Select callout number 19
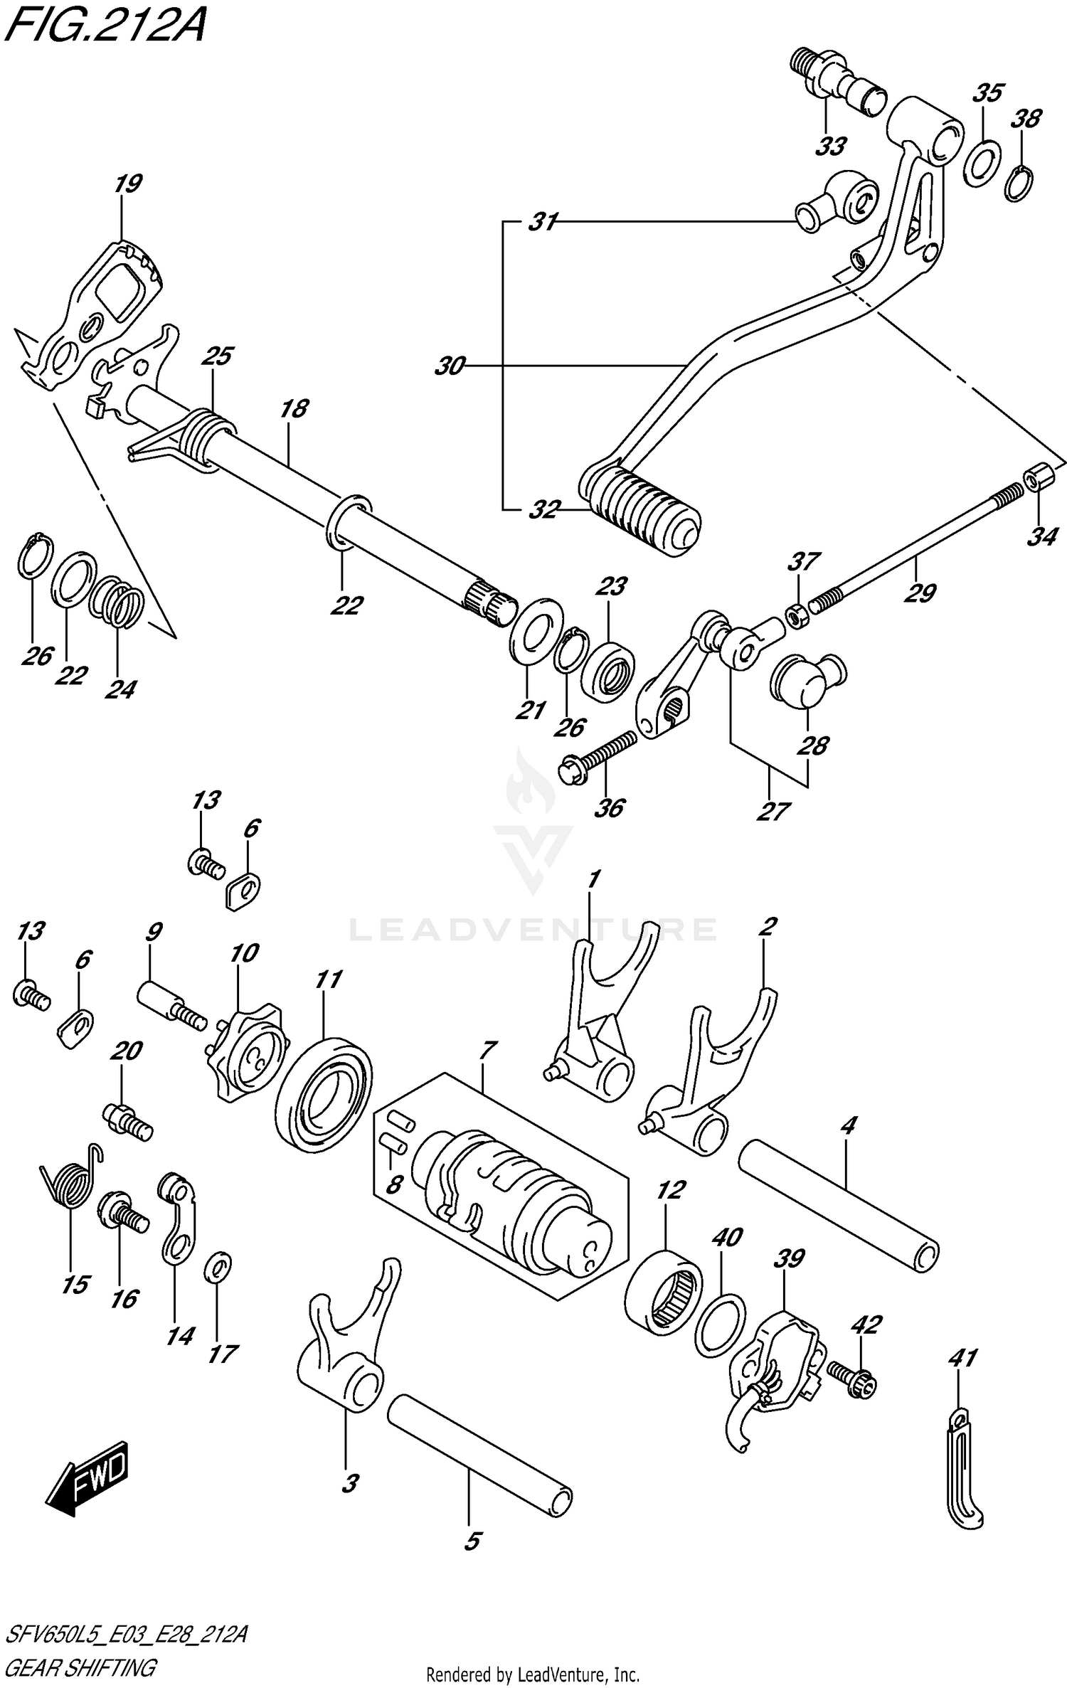coord(128,184)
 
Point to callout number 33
coord(830,147)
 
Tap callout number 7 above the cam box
coord(488,1049)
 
